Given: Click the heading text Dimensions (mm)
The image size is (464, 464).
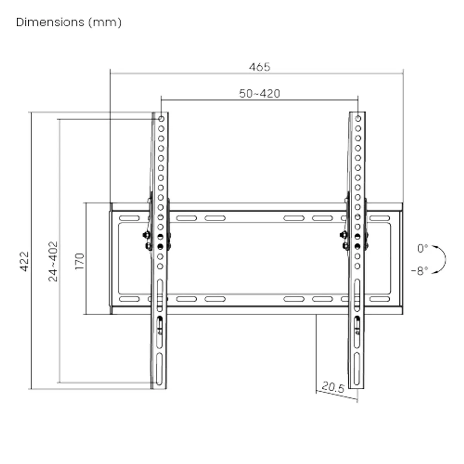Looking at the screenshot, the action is point(68,23).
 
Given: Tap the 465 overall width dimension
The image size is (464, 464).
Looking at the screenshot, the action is point(259,67).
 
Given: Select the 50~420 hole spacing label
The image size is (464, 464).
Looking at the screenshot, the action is point(259,94).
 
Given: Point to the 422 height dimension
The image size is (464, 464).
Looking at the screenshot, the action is point(24,261).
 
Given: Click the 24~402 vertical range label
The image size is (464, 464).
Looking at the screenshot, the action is point(53,261).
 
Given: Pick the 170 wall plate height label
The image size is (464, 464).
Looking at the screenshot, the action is point(80,261).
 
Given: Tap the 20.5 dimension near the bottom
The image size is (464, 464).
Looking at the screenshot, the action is point(333,387).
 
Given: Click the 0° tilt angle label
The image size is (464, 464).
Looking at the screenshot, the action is point(422,249).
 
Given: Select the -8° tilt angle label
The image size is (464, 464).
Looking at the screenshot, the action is point(420,271).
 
